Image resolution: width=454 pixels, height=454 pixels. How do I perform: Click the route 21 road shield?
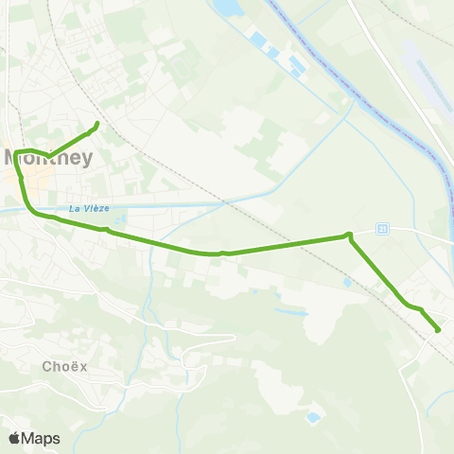pos(382,229)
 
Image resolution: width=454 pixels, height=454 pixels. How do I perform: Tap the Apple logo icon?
pos(14,438)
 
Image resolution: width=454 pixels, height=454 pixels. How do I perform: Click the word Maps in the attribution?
pos(41,438)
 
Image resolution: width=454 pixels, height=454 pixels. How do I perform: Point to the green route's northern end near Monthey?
pos(97,124)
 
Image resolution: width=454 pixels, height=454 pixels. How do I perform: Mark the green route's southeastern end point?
pos(438,329)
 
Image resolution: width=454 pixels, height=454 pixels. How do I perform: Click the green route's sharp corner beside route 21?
pos(349,235)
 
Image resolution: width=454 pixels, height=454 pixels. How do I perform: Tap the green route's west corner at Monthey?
pos(15,151)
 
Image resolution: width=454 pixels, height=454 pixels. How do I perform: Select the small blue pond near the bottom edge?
pos(313,416)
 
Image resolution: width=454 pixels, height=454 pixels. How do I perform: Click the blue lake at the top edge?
pos(227,9)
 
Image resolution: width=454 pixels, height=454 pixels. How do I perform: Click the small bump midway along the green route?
pos(222,253)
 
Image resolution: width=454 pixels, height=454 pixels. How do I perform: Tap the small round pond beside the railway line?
pos(348,281)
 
